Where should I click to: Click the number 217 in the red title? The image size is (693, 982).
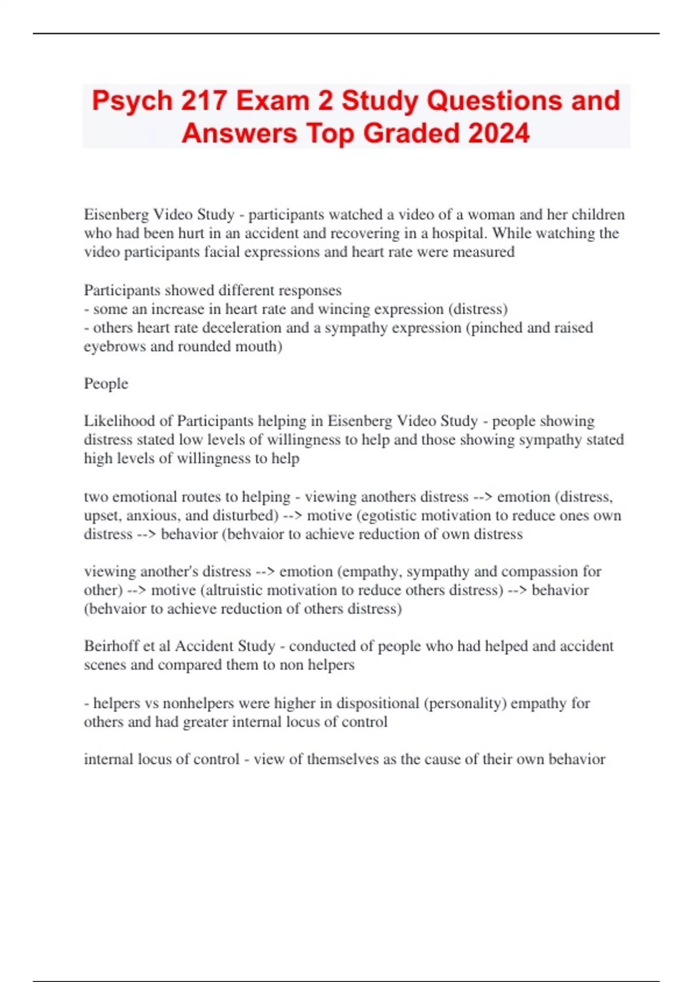203,101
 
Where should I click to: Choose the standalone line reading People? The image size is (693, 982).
106,384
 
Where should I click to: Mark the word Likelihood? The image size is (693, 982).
128,421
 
